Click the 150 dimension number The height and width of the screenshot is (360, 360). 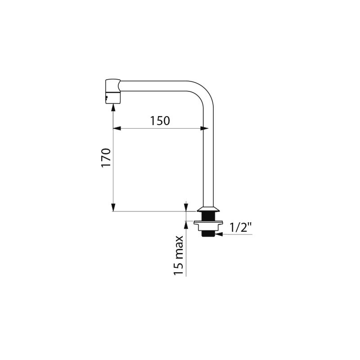(x=160, y=121)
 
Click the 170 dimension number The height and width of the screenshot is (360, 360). (x=106, y=157)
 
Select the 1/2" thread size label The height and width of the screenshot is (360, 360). (x=241, y=228)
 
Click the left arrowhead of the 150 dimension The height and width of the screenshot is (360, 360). (x=117, y=128)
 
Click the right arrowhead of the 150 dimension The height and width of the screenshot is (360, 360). (x=204, y=128)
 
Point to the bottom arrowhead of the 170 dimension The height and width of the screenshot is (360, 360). (x=113, y=207)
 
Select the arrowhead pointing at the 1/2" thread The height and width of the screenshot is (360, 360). (x=219, y=234)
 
